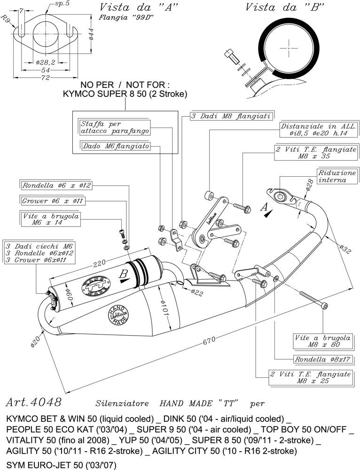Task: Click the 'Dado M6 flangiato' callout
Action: pos(116,147)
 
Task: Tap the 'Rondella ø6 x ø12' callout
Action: pos(56,185)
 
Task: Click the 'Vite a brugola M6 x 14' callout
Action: pos(51,219)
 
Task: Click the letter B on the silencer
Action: pos(124,274)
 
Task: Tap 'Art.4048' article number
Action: pos(33,402)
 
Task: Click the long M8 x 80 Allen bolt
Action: pos(312,299)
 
